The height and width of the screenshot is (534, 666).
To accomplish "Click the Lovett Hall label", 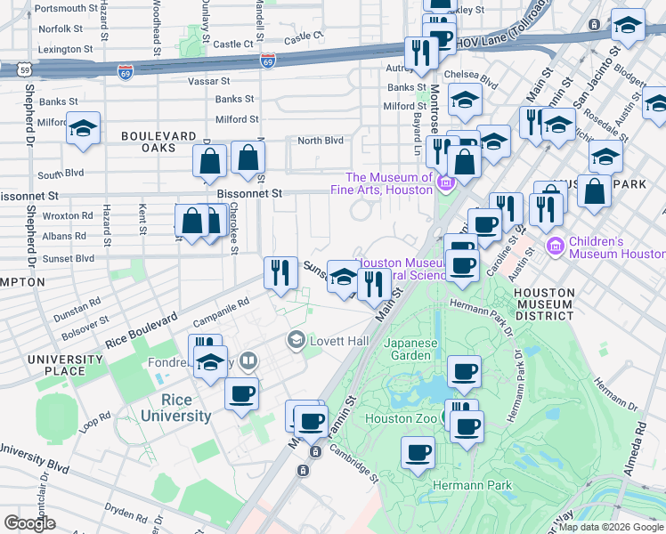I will pos(338,341).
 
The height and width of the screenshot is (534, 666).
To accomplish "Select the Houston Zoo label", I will pos(400,417).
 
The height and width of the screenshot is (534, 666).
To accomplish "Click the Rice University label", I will pos(175,409).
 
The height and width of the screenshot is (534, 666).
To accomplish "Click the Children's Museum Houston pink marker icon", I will pos(556,245).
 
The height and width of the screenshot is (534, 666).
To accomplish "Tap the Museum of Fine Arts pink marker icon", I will pos(446,184).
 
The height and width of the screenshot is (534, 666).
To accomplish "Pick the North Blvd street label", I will pos(321,141).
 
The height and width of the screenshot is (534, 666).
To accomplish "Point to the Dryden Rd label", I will pos(126,514).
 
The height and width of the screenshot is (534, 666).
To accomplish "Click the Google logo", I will pos(29,523).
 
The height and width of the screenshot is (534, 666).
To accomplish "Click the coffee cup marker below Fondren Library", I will pos(241,393).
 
